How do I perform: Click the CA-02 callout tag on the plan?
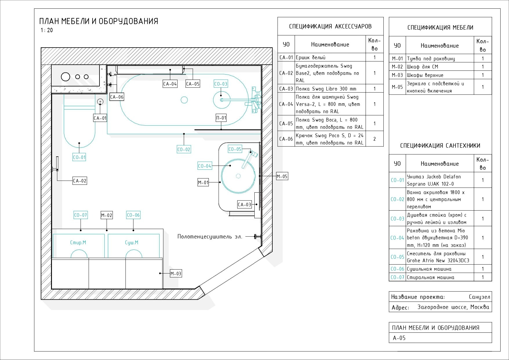click(80, 181)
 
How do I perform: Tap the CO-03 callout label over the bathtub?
click(221, 84)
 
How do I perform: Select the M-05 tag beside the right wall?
click(282, 176)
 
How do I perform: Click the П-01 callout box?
click(221, 118)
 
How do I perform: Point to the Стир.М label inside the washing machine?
click(78, 243)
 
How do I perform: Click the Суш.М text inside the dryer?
click(131, 243)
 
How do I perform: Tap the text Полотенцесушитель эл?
click(210, 237)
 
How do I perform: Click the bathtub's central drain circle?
click(184, 100)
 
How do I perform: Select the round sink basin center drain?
click(238, 176)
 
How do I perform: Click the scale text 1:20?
click(47, 30)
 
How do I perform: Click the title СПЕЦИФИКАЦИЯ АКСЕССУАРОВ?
click(330, 26)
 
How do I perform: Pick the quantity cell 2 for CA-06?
click(374, 139)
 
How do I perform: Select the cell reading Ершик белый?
click(311, 57)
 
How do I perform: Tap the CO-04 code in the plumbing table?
click(397, 238)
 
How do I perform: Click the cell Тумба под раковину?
click(431, 59)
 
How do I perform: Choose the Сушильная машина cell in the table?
click(429, 269)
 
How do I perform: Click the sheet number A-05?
click(399, 338)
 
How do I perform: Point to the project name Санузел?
click(479, 297)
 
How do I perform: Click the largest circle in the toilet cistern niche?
click(66, 77)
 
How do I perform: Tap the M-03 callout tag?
click(176, 274)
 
